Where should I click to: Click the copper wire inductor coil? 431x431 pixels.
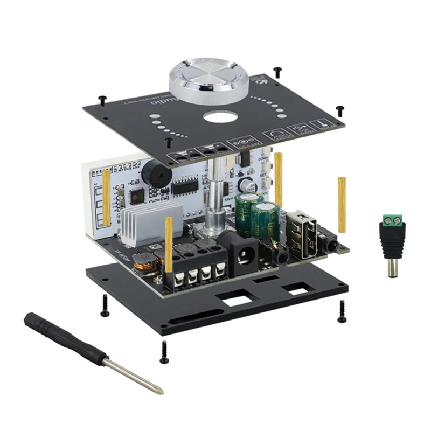[x=144, y=263]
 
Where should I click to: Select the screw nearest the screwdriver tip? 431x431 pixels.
[x=164, y=352]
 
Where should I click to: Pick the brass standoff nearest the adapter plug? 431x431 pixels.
[x=342, y=204]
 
